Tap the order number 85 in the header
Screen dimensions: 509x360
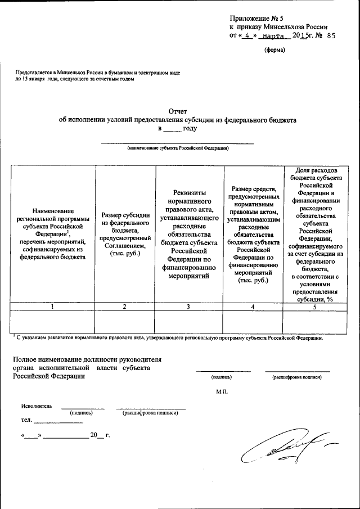[x=330, y=35]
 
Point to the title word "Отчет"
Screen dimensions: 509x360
[x=177, y=111]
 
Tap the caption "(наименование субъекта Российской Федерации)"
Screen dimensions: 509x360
[x=177, y=148]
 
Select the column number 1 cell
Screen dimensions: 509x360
[x=52, y=307]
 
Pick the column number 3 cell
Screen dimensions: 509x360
[x=188, y=307]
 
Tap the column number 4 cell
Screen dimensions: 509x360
[x=253, y=307]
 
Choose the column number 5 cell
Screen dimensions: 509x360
[x=315, y=307]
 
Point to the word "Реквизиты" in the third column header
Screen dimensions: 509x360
[x=188, y=193]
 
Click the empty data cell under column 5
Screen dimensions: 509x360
[x=315, y=322]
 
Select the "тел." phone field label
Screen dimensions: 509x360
[x=26, y=420]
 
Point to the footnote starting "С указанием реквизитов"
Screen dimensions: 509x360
[x=169, y=338]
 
